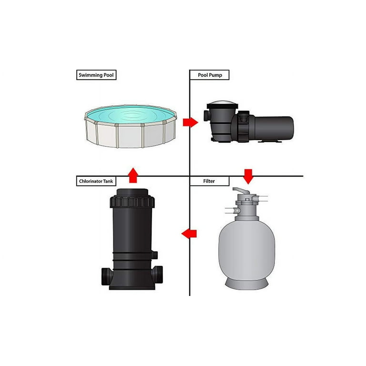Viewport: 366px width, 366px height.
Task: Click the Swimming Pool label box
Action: tap(96, 75)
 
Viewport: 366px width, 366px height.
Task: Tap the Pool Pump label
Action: tap(210, 75)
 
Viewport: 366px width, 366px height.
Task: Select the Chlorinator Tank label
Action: tap(96, 181)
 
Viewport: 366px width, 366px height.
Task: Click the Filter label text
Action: tap(209, 181)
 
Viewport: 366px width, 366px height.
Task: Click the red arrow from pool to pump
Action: tap(191, 122)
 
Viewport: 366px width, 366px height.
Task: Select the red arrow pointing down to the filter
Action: tap(248, 177)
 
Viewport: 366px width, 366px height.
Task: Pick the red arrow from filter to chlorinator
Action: tap(189, 234)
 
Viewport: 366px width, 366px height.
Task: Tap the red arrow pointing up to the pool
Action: tap(133, 175)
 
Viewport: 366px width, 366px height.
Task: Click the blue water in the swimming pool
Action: tap(131, 114)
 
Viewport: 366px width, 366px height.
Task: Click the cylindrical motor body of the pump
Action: tap(274, 128)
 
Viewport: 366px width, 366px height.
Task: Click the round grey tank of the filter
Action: tap(247, 250)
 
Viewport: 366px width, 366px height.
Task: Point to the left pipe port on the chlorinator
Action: tap(107, 276)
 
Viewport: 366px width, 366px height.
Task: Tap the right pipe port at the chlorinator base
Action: tap(157, 274)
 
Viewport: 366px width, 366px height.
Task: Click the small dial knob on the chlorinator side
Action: tap(155, 255)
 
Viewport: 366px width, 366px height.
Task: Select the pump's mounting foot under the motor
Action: tap(270, 141)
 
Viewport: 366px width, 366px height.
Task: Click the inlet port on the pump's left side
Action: tap(206, 115)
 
